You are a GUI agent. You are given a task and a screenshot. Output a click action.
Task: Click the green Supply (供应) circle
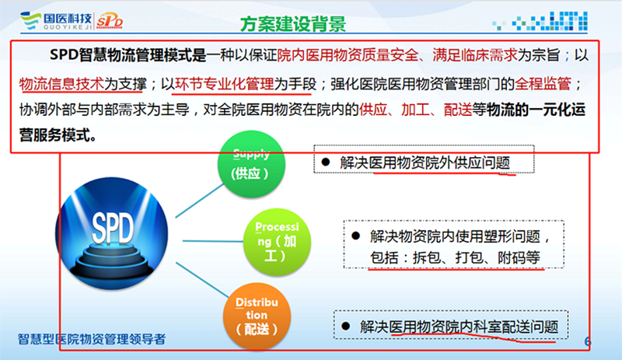(x=251, y=164)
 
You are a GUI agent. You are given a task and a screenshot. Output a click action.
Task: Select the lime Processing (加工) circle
(x=277, y=242)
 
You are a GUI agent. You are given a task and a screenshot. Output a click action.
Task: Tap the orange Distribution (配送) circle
(x=257, y=316)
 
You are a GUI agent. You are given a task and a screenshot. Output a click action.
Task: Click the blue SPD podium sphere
(x=111, y=233)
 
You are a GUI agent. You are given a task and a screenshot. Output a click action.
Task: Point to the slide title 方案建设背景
(x=293, y=24)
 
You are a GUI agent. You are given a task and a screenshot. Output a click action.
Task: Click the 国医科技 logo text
(x=68, y=18)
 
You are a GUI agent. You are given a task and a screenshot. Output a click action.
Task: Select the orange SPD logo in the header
(x=110, y=21)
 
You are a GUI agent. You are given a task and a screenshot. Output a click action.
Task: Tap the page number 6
(x=588, y=341)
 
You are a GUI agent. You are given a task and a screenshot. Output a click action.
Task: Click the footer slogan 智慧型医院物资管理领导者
(x=92, y=339)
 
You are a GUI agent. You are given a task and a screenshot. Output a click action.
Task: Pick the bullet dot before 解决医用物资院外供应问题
(x=326, y=162)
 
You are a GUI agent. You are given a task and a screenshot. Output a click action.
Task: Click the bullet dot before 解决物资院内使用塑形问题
(x=356, y=236)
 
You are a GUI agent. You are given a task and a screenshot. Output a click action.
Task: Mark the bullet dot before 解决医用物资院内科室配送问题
(x=345, y=327)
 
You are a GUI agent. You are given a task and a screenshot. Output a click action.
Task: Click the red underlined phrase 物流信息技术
(x=61, y=84)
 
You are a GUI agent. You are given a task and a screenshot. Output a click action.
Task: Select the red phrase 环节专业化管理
(x=225, y=84)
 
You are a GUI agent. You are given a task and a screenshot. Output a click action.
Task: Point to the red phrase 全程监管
(x=543, y=84)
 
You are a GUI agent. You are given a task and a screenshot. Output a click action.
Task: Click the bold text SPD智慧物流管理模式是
(x=128, y=54)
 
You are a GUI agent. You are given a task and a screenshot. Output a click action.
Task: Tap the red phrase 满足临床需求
(x=475, y=54)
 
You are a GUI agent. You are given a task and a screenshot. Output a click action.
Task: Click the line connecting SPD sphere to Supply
(x=200, y=201)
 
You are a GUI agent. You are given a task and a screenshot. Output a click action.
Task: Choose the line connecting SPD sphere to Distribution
(x=202, y=280)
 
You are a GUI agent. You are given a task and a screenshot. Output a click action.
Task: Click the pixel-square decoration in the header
(x=540, y=21)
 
